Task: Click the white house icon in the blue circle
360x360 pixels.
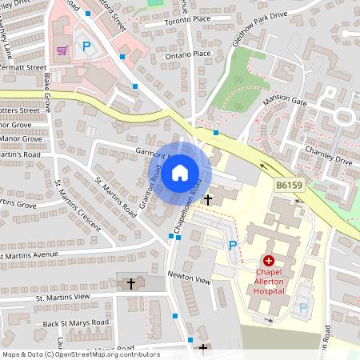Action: coord(180,172)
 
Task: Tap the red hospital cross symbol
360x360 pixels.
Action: coord(268,261)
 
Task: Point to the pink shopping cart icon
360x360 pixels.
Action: coord(62,50)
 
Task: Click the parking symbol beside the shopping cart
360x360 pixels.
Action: coord(86,47)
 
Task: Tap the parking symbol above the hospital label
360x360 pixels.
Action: coord(233,246)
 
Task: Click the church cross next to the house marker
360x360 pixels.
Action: coord(209,198)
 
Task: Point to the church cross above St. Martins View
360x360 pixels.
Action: coord(131,283)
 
